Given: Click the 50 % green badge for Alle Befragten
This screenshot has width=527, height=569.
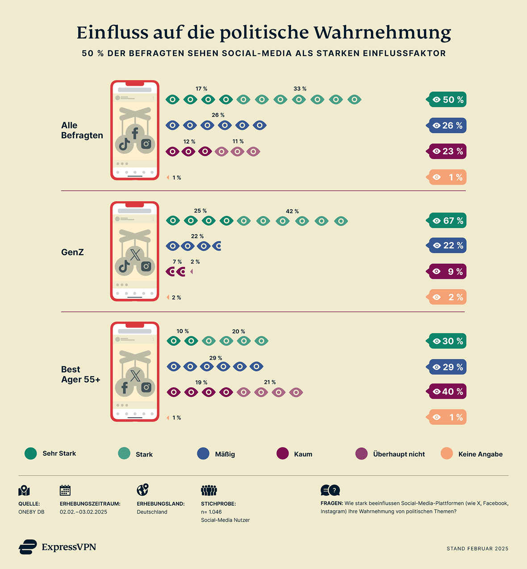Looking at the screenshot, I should click(448, 99).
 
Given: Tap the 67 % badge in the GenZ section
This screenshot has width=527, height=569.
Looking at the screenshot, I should click(448, 221).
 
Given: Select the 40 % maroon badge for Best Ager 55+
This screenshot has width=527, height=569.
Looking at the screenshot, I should click(448, 392).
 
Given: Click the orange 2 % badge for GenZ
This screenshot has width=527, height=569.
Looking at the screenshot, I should click(448, 297).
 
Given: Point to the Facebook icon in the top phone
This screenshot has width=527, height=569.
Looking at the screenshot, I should click(135, 133).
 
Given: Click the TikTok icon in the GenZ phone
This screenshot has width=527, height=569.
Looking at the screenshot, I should click(124, 266).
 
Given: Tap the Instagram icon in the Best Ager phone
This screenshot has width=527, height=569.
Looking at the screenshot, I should click(146, 387).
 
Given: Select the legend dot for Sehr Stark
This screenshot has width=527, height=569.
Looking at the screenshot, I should click(31, 454).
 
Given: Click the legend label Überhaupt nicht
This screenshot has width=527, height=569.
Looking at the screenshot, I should click(399, 454).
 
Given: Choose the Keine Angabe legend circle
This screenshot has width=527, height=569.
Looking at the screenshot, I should click(447, 454).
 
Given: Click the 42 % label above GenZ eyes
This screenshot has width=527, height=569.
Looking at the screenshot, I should click(292, 211).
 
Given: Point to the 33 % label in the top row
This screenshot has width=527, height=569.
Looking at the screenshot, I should click(300, 89).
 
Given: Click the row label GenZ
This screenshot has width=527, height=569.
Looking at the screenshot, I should click(72, 252).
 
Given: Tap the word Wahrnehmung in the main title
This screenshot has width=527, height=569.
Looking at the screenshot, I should click(382, 33).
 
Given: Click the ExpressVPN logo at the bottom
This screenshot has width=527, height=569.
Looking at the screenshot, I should click(57, 547).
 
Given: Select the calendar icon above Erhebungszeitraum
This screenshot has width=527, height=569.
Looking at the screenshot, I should click(65, 490).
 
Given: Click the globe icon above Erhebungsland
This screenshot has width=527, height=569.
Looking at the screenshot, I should click(142, 490).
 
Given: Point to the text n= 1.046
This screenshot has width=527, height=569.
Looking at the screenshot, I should click(211, 512).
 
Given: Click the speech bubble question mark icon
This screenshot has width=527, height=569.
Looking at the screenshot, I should click(330, 491).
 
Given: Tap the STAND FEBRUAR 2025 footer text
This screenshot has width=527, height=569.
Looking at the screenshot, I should click(477, 548).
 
